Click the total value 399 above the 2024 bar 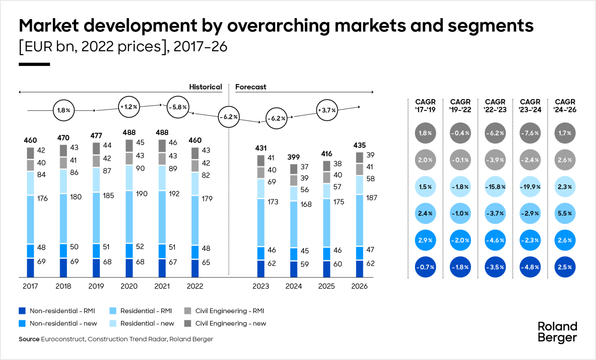(x=294, y=157)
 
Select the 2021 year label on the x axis (x=162, y=286)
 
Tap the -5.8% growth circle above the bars (x=178, y=107)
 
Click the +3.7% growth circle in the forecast (x=327, y=110)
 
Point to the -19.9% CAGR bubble (x=530, y=187)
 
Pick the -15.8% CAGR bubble (x=495, y=187)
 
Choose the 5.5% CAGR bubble (x=565, y=214)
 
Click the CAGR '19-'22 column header (x=460, y=106)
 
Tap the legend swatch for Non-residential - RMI (x=22, y=311)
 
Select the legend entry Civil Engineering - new (x=231, y=324)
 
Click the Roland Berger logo (x=557, y=332)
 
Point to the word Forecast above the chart (x=251, y=87)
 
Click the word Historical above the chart (x=205, y=87)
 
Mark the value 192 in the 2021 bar (x=174, y=194)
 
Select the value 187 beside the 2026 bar (x=371, y=198)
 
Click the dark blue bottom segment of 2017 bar (x=31, y=268)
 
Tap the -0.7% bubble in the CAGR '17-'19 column (x=425, y=267)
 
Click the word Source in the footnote (x=29, y=339)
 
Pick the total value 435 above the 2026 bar (x=359, y=145)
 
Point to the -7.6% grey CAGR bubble (x=530, y=133)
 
